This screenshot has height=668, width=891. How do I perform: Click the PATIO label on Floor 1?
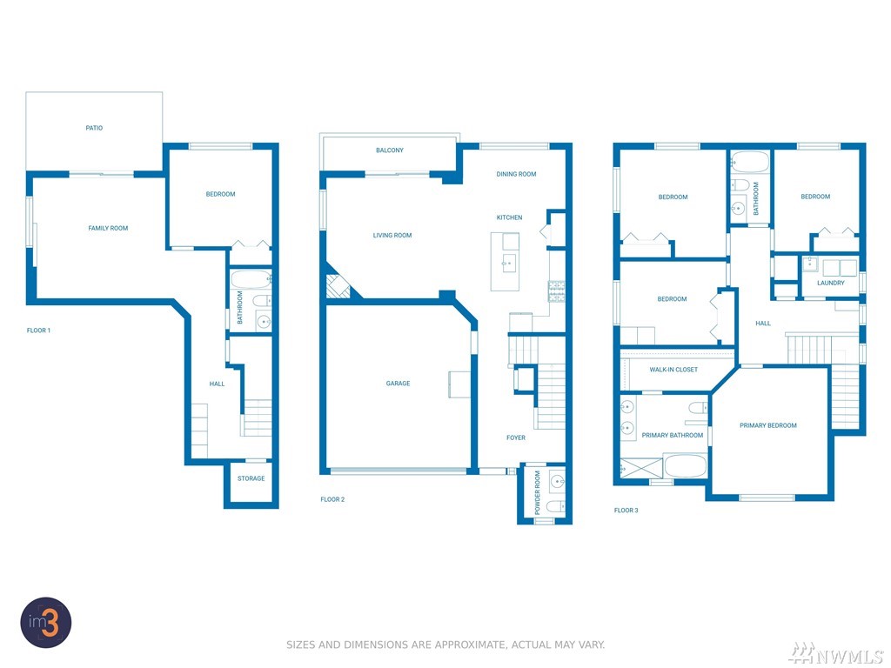[x=94, y=128]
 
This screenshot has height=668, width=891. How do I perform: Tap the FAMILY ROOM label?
[x=108, y=229]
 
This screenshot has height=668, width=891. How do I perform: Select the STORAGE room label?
[x=251, y=478]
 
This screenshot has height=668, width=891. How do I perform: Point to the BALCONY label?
[x=390, y=150]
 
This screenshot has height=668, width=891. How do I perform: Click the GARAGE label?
[x=398, y=384]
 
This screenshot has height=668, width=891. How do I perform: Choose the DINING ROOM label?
[x=517, y=174]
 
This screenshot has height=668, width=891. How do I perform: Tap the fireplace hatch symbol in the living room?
[x=338, y=286]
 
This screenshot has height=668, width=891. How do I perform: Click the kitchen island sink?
[x=508, y=264]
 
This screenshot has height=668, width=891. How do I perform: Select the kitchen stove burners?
[x=556, y=291]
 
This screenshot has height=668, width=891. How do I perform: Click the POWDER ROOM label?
[x=538, y=492]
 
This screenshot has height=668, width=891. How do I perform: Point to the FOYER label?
[x=516, y=438]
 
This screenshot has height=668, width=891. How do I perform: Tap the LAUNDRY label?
[x=831, y=283]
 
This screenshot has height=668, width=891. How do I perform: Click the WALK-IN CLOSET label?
[x=673, y=370]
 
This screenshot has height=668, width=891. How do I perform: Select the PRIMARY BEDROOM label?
[x=768, y=425]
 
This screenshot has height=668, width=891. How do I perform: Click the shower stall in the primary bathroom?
[x=641, y=467]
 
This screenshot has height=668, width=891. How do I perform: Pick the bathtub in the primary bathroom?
[x=686, y=466]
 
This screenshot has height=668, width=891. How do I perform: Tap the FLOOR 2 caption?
[x=332, y=500]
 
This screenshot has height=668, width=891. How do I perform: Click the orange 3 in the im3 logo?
[x=51, y=623]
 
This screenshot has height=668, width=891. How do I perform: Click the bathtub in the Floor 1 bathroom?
[x=251, y=279]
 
